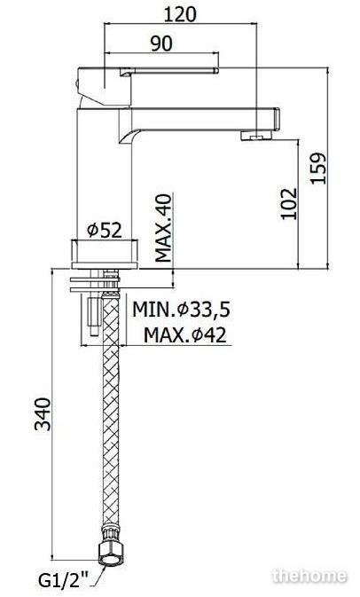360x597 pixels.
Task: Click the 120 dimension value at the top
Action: click(180, 14)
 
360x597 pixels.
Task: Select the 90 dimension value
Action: click(161, 43)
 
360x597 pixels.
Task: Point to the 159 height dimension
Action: click(317, 169)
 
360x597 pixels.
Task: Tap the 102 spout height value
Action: click(288, 203)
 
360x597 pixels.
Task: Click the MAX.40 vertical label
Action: click(164, 228)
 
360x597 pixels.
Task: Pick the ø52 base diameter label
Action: click(105, 231)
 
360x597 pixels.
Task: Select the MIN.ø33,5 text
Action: click(181, 310)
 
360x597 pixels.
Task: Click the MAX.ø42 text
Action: click(185, 335)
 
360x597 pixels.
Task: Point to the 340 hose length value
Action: click(43, 414)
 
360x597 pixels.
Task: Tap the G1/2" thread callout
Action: click(63, 581)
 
